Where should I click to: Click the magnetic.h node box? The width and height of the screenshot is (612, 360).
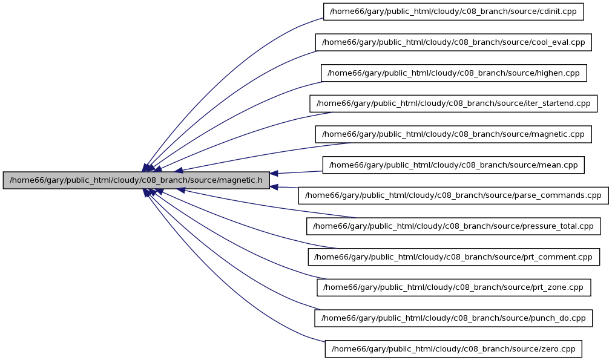(x=136, y=180)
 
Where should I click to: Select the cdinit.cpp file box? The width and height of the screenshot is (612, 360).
(x=453, y=11)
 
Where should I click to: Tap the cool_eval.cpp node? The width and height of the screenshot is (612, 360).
(x=453, y=42)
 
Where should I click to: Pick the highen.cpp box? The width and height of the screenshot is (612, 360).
(x=453, y=73)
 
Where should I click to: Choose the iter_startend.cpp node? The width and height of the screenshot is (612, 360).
(x=453, y=103)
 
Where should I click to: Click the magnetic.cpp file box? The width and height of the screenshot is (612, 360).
(x=453, y=134)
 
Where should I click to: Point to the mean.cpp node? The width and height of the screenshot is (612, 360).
(x=453, y=165)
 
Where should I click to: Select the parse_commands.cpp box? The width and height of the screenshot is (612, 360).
(x=453, y=195)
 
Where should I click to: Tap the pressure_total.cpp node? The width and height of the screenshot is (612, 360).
(x=453, y=226)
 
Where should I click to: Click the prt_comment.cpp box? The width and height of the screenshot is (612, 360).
(x=453, y=257)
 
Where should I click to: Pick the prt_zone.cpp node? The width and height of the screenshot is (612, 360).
(x=453, y=287)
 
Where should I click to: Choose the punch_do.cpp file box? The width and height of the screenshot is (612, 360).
(x=453, y=318)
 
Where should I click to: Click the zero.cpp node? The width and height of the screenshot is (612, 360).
(x=453, y=349)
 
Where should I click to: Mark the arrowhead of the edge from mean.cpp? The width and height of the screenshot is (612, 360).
(x=274, y=173)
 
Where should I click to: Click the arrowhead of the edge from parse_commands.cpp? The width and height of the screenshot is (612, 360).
(x=274, y=187)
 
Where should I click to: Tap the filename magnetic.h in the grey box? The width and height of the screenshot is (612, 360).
(x=241, y=180)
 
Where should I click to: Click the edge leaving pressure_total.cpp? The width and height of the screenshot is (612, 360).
(x=265, y=205)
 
